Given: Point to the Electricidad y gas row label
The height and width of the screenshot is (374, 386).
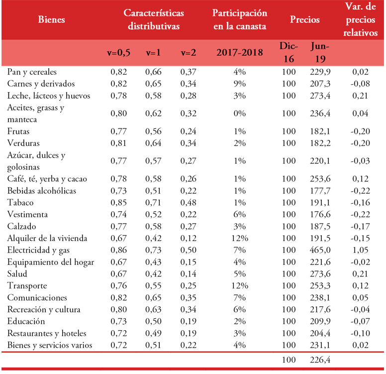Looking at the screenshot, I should pyautogui.click(x=41, y=250).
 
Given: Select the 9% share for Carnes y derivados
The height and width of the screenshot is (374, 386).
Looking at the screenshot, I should pyautogui.click(x=240, y=84).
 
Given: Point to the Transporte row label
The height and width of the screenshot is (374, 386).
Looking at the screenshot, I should pyautogui.click(x=27, y=286).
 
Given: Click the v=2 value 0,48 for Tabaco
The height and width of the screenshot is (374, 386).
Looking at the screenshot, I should pyautogui.click(x=188, y=203).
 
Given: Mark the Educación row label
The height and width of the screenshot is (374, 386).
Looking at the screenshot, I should pyautogui.click(x=26, y=322).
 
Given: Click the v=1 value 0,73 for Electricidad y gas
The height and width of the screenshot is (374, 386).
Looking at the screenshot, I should pyautogui.click(x=154, y=250).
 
